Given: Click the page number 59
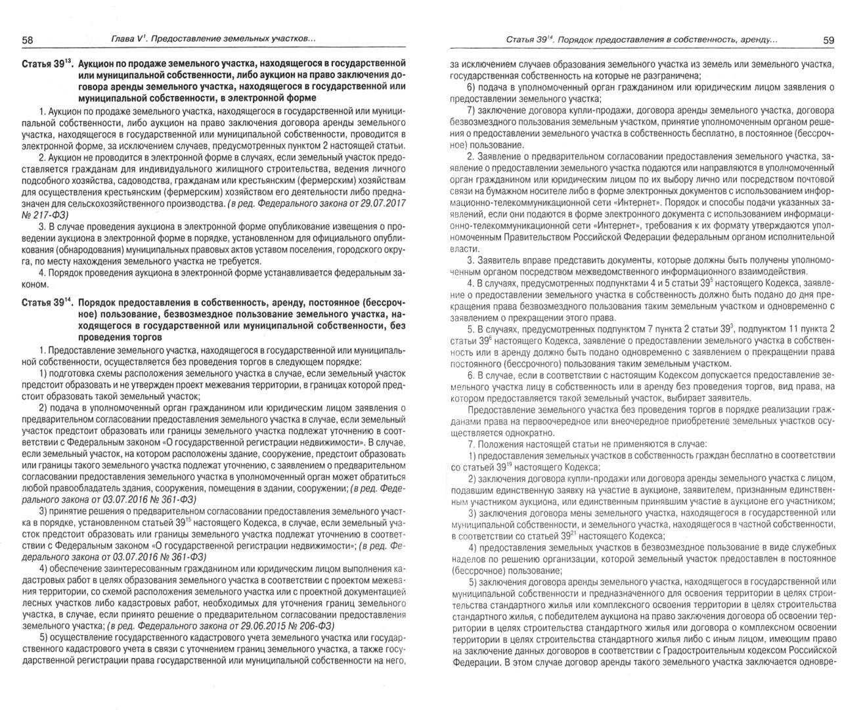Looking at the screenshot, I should tap(828, 40).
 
